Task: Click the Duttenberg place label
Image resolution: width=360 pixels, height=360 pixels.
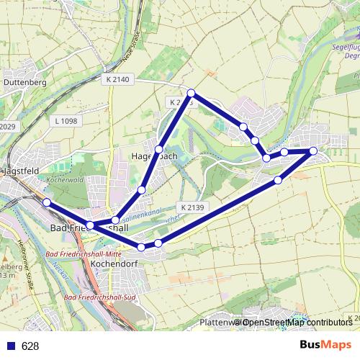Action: click(25, 83)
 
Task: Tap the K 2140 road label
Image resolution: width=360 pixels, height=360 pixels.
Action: click(116, 78)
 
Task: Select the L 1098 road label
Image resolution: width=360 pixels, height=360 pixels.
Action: click(65, 121)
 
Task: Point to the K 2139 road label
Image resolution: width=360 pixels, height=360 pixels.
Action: click(193, 207)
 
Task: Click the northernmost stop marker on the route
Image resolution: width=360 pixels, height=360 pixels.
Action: click(192, 93)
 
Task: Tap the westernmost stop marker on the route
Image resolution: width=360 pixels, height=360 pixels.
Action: click(47, 203)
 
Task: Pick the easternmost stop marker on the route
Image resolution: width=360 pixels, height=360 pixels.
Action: click(313, 150)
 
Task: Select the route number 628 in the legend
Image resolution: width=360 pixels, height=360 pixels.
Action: click(30, 346)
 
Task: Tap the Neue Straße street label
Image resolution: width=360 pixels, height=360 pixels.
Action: click(134, 44)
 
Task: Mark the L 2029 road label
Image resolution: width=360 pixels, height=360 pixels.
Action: click(6, 127)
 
